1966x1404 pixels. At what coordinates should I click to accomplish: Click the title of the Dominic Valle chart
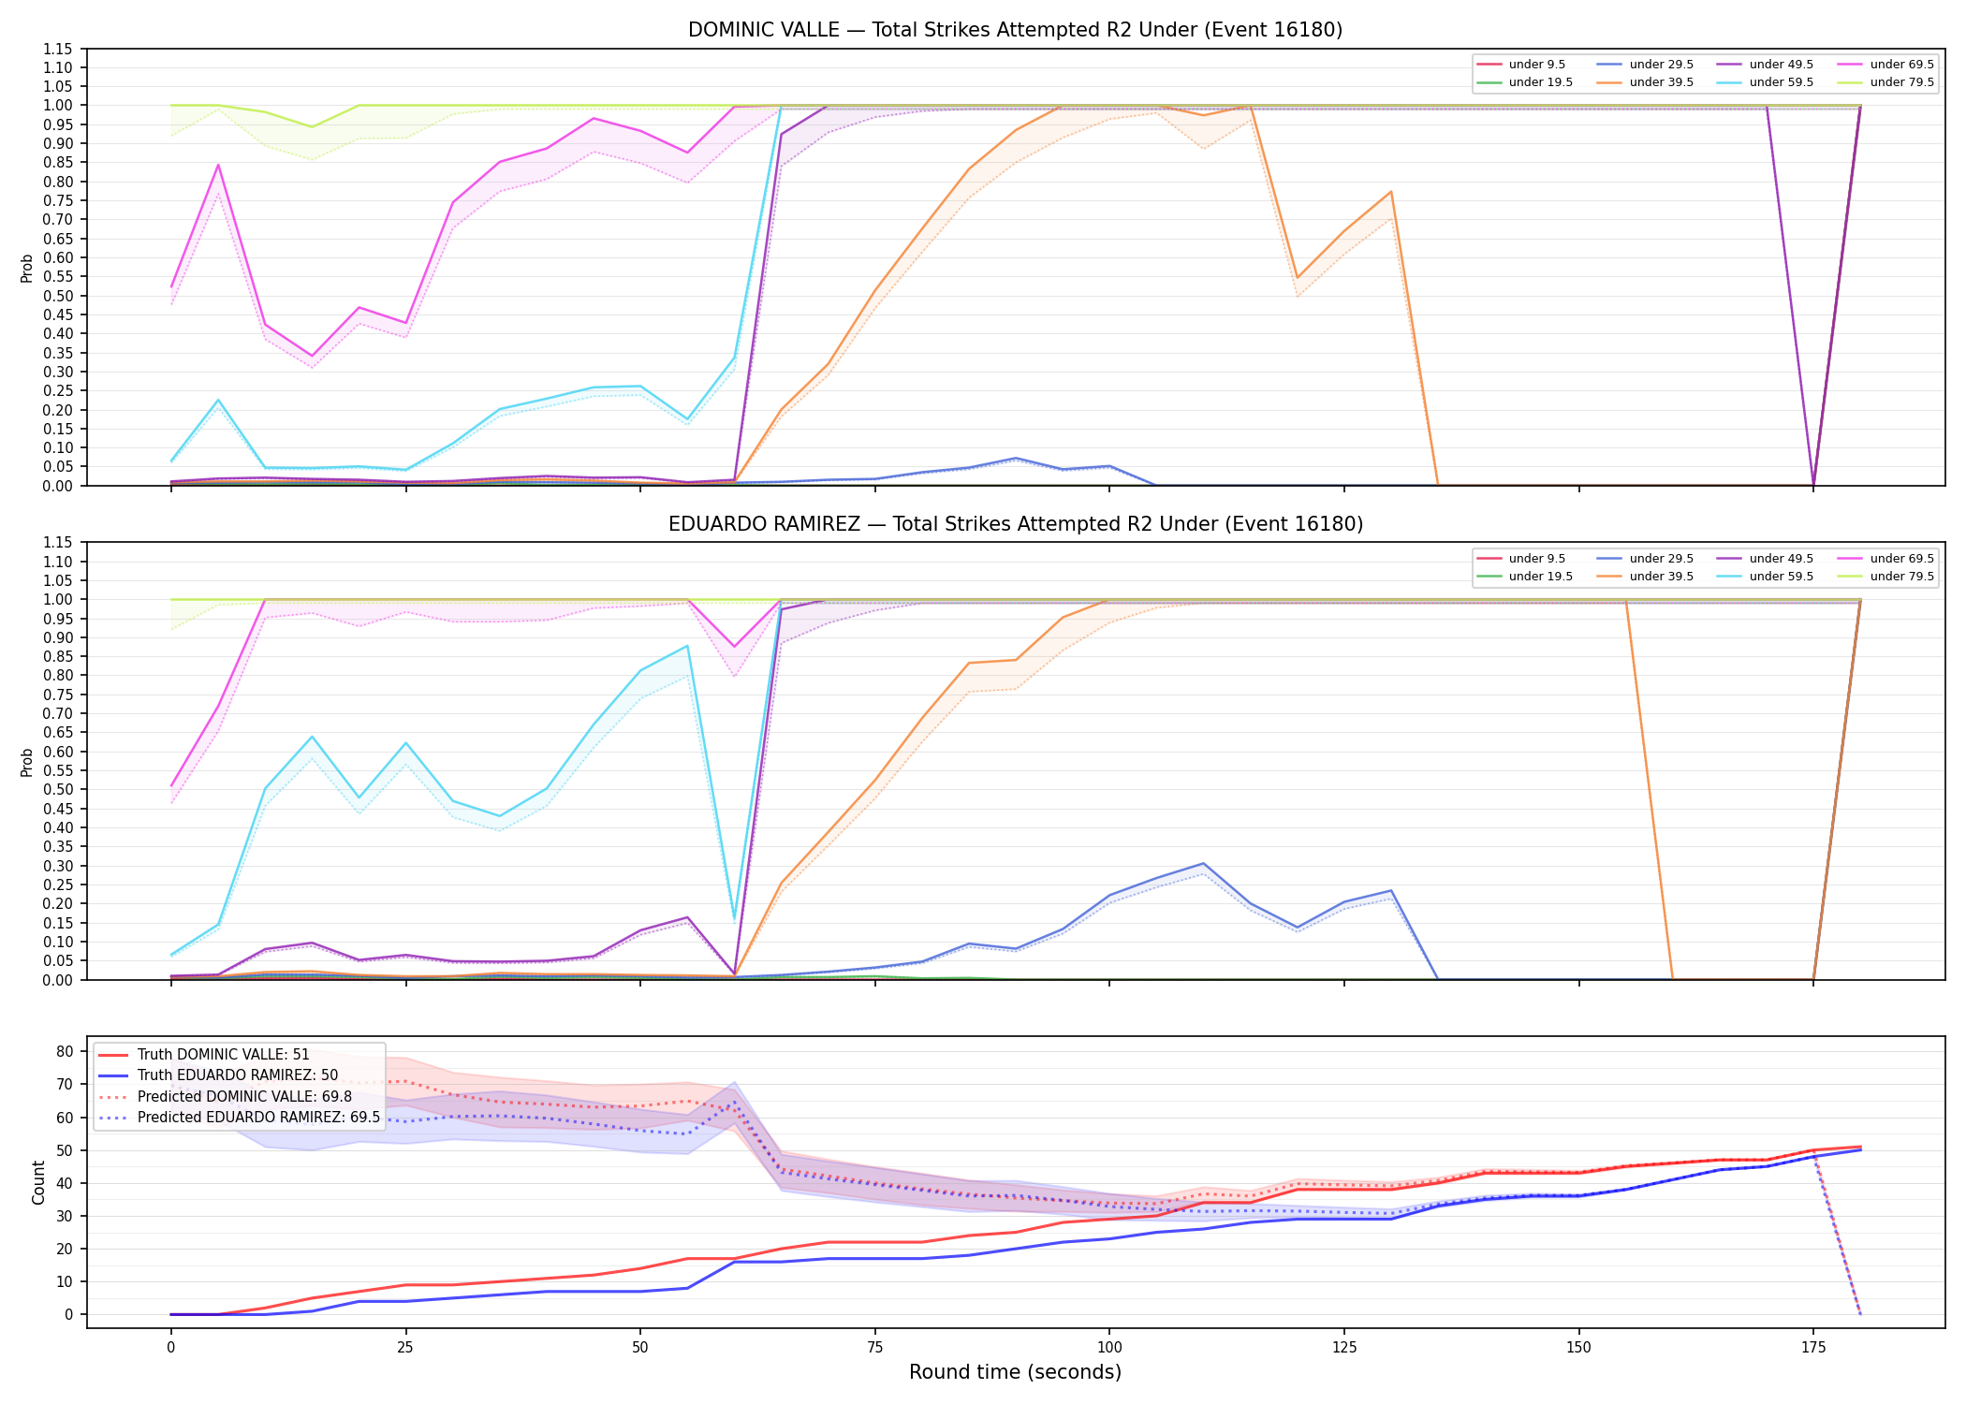[1015, 30]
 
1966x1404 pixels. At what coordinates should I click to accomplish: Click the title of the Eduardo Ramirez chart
[1015, 524]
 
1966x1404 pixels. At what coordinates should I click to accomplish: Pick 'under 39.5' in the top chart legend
[1661, 82]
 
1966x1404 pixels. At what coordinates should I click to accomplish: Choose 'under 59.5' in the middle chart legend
[1781, 577]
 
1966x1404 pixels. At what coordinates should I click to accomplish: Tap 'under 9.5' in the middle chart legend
[1536, 559]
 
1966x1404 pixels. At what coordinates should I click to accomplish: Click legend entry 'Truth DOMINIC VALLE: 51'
[223, 1055]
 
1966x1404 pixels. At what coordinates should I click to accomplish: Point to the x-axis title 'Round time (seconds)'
[1015, 1372]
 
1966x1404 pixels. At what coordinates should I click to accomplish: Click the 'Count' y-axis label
[38, 1182]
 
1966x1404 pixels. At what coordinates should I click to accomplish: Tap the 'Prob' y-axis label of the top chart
[27, 268]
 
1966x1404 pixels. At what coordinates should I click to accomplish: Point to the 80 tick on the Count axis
[65, 1051]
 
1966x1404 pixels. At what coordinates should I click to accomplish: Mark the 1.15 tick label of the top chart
[59, 49]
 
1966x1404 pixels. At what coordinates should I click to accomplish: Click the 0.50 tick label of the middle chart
[59, 790]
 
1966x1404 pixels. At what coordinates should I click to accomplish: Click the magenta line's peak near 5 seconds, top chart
[218, 165]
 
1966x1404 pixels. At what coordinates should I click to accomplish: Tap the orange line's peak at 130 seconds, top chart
[1391, 192]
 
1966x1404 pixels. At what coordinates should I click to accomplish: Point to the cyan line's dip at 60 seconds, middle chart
[734, 918]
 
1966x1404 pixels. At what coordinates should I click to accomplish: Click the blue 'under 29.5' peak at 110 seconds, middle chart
[1203, 864]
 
